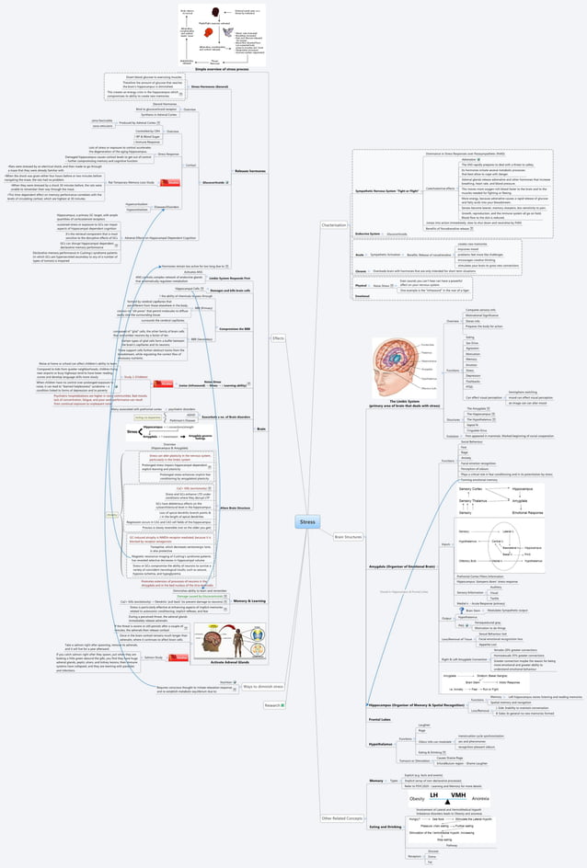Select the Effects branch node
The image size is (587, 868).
[x=279, y=338]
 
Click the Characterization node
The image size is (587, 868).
[x=334, y=224]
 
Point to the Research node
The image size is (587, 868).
[x=272, y=705]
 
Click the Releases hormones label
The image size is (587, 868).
[x=249, y=172]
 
